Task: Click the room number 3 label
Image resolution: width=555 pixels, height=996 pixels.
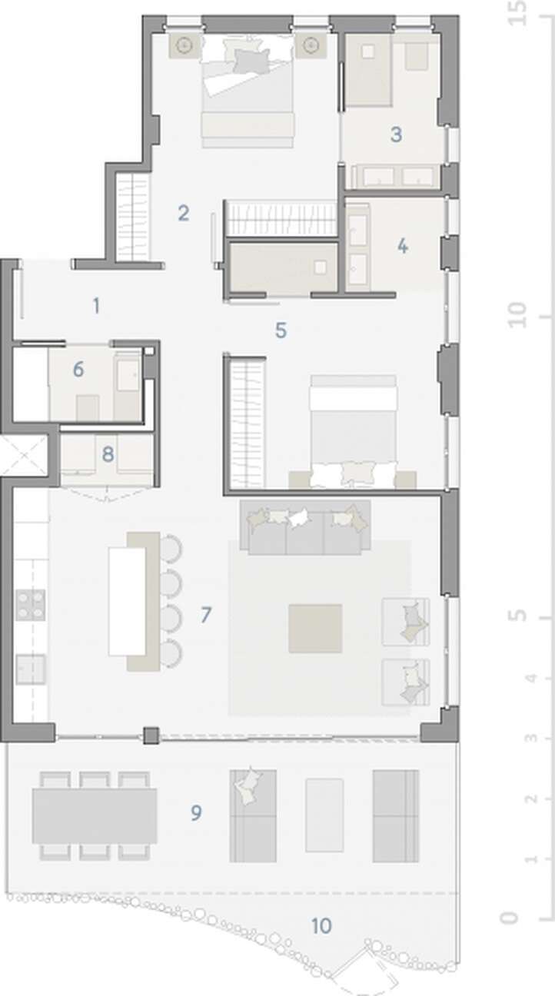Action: click(x=396, y=134)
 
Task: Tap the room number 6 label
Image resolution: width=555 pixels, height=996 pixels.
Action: click(x=78, y=369)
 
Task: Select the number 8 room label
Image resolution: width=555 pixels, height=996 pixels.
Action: click(x=108, y=454)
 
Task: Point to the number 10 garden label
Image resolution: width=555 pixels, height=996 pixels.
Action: click(x=321, y=926)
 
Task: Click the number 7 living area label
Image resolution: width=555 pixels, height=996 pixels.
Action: click(x=205, y=615)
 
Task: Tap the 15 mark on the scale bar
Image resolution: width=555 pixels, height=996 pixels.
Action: click(x=517, y=13)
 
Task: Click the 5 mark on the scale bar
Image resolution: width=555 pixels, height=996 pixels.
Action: click(x=517, y=616)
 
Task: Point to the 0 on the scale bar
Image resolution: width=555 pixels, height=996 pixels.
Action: click(x=510, y=918)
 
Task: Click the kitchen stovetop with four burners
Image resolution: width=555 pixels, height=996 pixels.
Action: click(x=30, y=605)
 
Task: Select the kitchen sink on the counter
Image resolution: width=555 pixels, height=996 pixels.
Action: click(x=30, y=669)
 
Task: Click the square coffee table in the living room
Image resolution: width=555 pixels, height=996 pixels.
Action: click(x=315, y=629)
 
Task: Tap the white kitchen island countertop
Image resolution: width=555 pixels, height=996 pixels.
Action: click(x=127, y=602)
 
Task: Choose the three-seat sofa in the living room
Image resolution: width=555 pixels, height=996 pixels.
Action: click(x=305, y=527)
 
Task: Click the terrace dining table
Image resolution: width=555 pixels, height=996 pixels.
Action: click(x=95, y=815)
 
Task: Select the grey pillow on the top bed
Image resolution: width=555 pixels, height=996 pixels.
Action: click(x=252, y=60)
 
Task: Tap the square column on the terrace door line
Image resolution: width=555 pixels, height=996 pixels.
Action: click(x=151, y=735)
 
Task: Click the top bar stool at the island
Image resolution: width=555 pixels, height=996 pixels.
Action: click(x=171, y=548)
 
